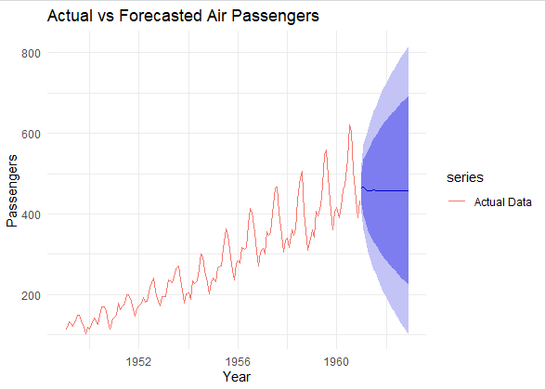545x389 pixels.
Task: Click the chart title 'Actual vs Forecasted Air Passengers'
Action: (169, 17)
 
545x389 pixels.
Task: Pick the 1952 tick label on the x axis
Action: (139, 358)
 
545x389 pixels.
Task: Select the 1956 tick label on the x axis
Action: (238, 358)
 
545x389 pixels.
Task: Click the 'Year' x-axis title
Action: (237, 376)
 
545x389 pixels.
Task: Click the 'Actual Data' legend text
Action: (502, 201)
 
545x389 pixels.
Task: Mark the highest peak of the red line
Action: (350, 124)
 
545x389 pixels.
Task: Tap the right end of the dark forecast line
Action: (409, 190)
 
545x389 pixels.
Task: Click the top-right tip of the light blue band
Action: (409, 48)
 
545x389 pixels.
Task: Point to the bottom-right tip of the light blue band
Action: (409, 332)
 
